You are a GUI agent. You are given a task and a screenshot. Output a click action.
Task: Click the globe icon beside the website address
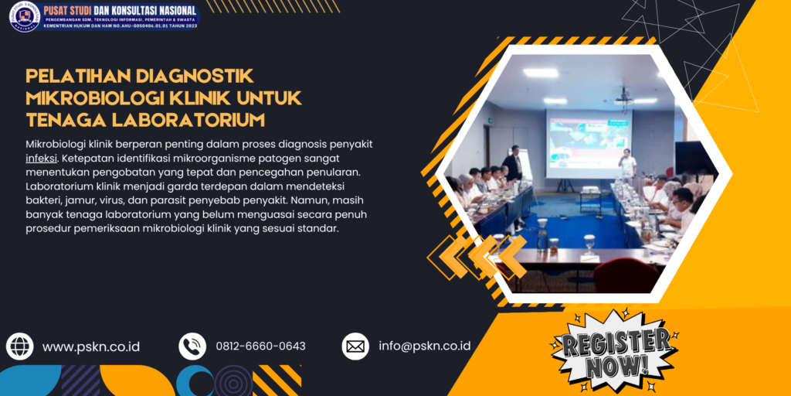[19, 346]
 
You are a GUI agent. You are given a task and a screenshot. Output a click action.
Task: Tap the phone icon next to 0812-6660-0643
[192, 346]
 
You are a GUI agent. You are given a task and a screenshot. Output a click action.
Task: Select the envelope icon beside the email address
[355, 346]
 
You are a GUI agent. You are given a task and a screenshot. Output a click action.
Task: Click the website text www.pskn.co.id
[91, 346]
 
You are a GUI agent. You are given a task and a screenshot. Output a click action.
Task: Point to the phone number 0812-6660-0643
[260, 346]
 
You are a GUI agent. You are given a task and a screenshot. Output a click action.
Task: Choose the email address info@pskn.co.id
[424, 346]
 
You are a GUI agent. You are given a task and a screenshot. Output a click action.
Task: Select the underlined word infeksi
[40, 158]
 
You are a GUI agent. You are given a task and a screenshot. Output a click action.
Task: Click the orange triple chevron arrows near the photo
[477, 256]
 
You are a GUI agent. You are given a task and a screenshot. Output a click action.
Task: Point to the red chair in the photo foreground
[625, 275]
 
